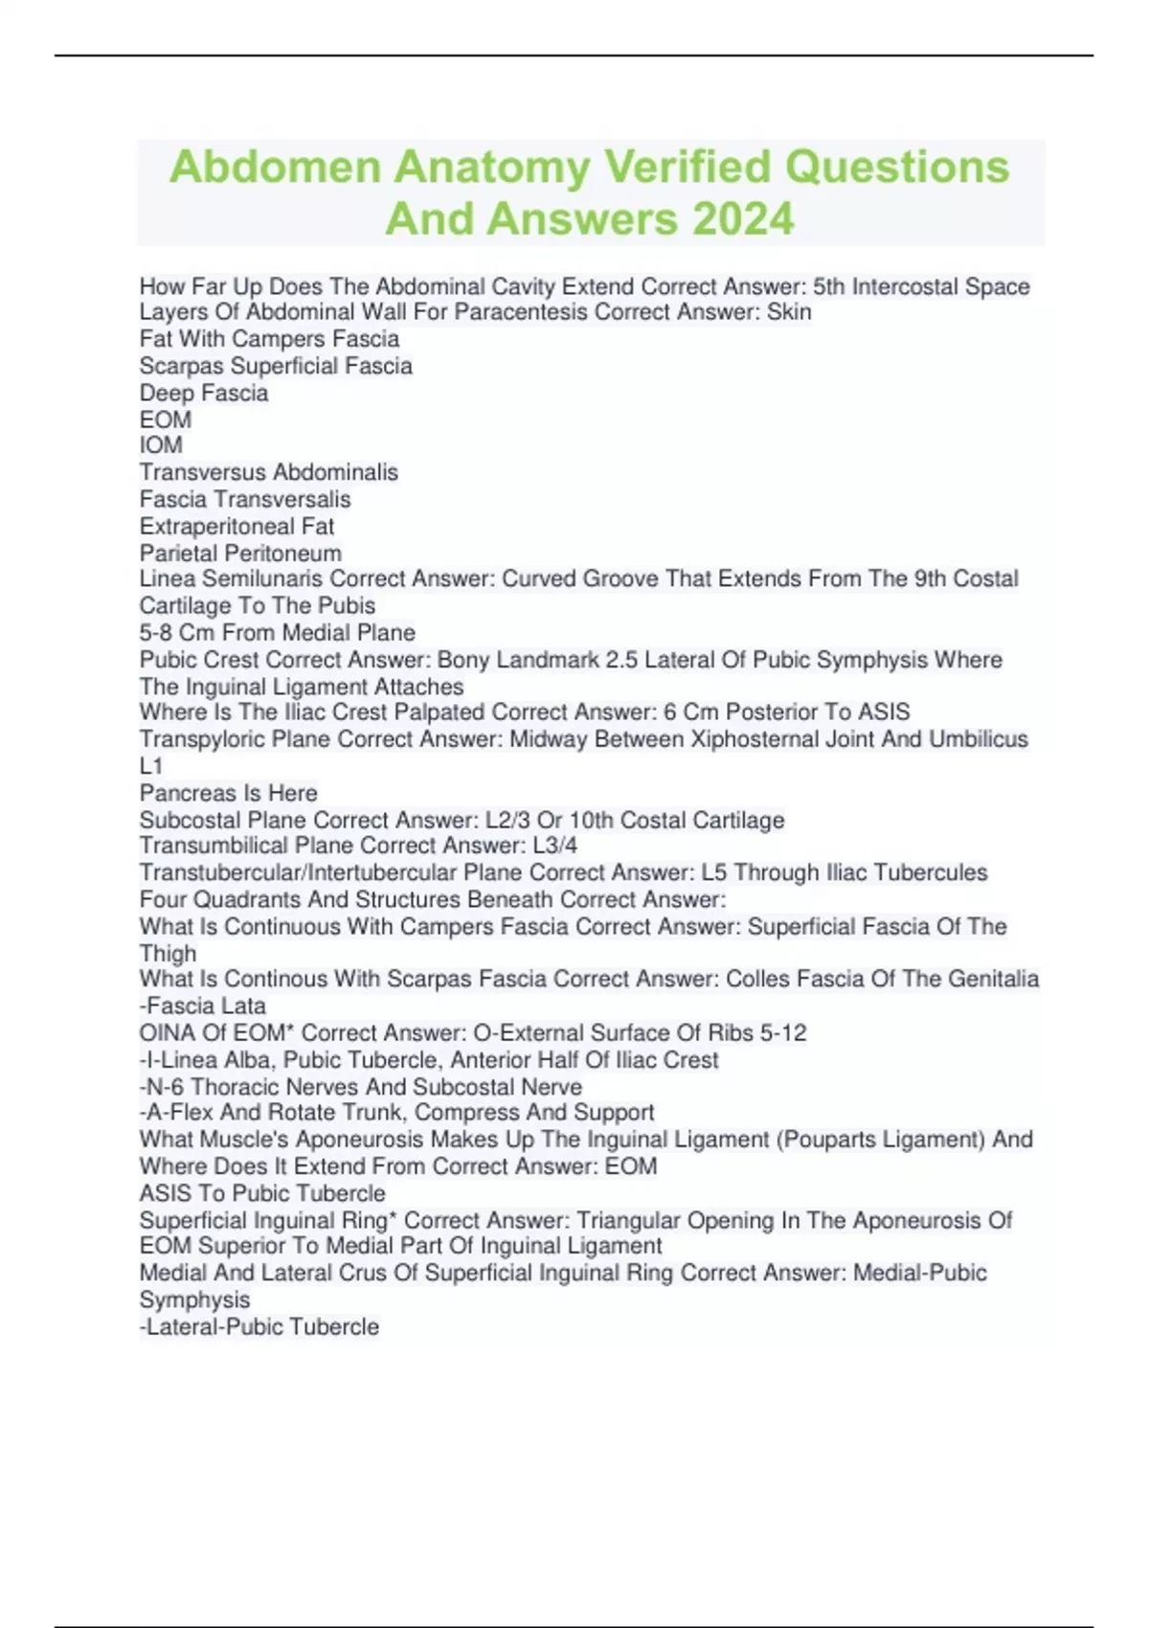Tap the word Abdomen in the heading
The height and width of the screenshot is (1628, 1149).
pos(276,167)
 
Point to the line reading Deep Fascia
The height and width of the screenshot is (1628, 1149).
pos(204,393)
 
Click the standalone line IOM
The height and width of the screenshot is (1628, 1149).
pos(161,445)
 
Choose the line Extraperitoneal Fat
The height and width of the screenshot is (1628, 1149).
pos(237,526)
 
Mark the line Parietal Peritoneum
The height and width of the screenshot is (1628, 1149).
pos(240,553)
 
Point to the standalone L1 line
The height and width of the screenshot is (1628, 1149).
pos(151,766)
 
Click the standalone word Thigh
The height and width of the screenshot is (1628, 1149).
pos(168,954)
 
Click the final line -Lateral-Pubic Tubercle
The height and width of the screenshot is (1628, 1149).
pos(259,1326)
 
